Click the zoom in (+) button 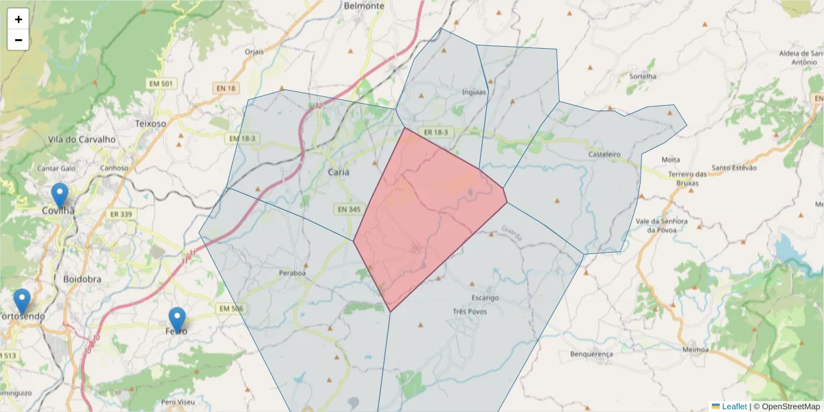coord(19,19)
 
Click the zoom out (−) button coord(19,40)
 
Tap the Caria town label coord(339,172)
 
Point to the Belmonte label coord(364,6)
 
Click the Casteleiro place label coord(604,155)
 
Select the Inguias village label coord(474,92)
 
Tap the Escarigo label coord(485,298)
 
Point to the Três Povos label coord(470,311)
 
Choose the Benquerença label coord(591,354)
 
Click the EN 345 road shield coord(349,209)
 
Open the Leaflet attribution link coord(734,407)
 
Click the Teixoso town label coord(151,124)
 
